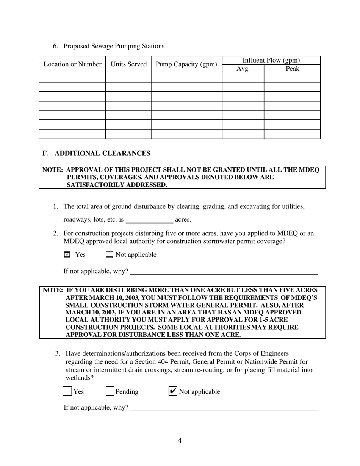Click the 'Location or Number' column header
pos(72,64)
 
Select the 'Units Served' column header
pos(128,64)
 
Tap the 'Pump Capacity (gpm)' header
pos(186,64)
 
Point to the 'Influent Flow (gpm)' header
pos(271,60)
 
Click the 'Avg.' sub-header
pos(243,69)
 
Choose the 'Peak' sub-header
pos(292,69)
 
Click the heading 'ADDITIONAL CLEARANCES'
pos(102,153)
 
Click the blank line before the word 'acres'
pos(149,220)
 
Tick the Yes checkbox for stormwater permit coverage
pos(67,255)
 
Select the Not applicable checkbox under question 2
pos(110,255)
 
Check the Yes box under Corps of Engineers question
pos(67,391)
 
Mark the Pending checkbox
pos(110,391)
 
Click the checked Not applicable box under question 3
pos(172,391)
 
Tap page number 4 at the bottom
pos(180,440)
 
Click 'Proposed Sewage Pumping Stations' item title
pos(114,46)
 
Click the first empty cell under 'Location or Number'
pos(72,78)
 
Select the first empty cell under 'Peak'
pos(292,78)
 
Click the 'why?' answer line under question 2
pos(224,271)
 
